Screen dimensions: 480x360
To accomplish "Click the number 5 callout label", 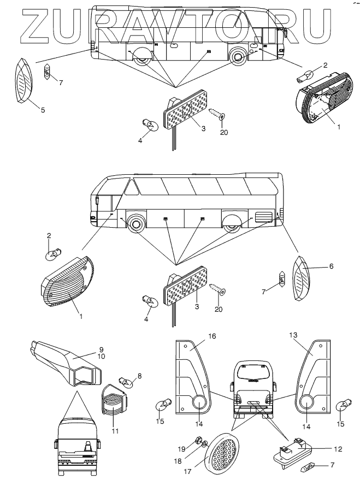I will click(x=43, y=110).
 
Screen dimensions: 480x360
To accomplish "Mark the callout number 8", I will click(x=140, y=375).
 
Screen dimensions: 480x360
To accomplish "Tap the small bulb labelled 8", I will click(x=125, y=382).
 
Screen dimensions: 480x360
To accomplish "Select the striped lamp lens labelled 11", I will click(x=114, y=405).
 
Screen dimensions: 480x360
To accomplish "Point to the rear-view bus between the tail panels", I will click(x=252, y=390).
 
